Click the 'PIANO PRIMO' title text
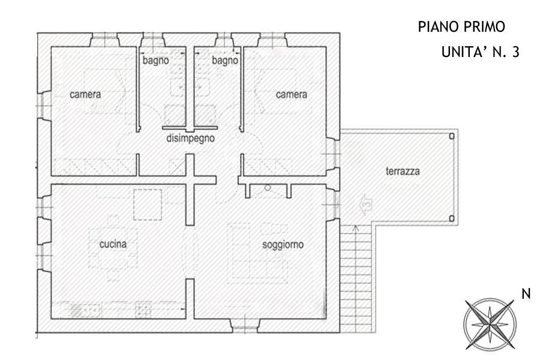click(x=461, y=26)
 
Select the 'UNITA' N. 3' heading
click(x=480, y=52)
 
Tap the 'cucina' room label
click(x=113, y=244)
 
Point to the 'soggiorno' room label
click(x=283, y=245)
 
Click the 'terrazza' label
click(x=403, y=171)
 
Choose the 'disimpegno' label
click(x=190, y=139)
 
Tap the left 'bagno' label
click(x=155, y=61)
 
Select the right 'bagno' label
click(x=225, y=61)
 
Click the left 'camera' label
click(x=85, y=94)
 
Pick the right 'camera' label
click(x=292, y=94)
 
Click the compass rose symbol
click(x=490, y=324)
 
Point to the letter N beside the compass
click(x=526, y=294)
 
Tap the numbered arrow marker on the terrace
click(x=366, y=205)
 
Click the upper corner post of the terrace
click(x=452, y=136)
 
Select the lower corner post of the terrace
click(x=452, y=218)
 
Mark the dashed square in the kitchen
click(x=148, y=205)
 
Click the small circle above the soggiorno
click(x=268, y=188)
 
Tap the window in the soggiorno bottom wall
click(x=245, y=326)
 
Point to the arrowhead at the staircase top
click(x=356, y=227)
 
